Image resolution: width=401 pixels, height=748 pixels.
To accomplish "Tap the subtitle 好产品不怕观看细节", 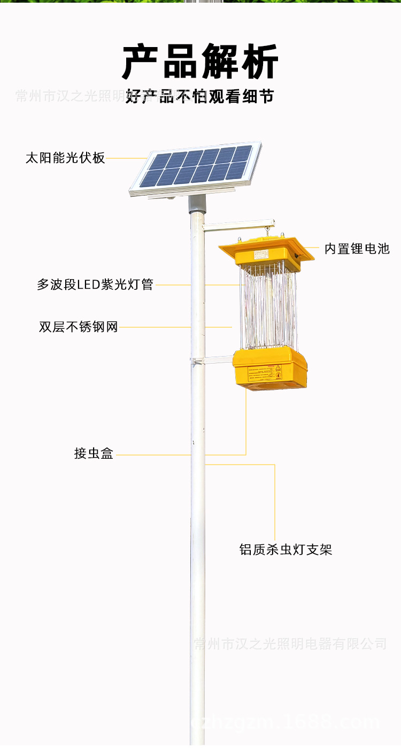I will (x=200, y=96).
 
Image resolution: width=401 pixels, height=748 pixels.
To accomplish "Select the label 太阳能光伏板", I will (x=65, y=158).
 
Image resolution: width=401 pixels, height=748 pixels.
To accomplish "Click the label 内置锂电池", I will (x=357, y=249).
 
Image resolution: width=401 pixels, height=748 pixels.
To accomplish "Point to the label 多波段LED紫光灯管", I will (x=95, y=284).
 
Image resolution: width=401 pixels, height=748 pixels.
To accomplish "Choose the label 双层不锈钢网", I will (x=78, y=327).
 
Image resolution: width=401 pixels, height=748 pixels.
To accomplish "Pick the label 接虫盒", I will (x=94, y=454).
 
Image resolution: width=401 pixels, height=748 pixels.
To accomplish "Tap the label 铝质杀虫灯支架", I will (x=286, y=549).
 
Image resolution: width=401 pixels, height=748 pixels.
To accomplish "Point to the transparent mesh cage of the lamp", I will (x=267, y=307).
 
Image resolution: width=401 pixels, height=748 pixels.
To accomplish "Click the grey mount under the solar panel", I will (x=197, y=203).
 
